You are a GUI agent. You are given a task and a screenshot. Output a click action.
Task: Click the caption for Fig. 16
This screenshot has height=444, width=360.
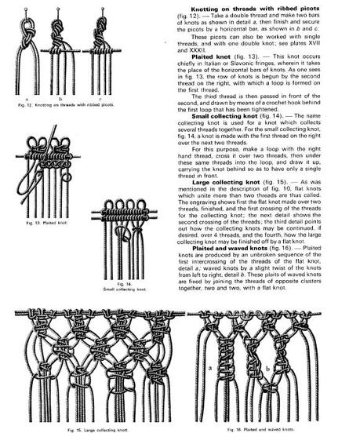click(x=258, y=431)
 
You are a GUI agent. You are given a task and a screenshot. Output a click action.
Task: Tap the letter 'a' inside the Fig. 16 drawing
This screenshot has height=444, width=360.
click(x=212, y=366)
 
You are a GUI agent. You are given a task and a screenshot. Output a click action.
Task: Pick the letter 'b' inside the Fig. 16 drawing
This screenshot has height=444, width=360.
click(x=269, y=367)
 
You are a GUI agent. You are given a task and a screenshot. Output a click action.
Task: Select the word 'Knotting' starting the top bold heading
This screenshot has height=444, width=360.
click(x=198, y=6)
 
